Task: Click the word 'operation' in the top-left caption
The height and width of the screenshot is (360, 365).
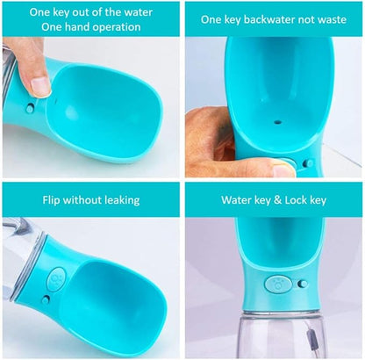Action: [x=116, y=28]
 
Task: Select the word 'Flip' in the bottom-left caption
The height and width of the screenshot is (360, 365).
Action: [x=52, y=200]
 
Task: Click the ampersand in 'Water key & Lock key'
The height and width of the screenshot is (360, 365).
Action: [x=277, y=200]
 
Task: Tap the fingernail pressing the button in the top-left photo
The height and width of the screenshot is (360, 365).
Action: [x=40, y=87]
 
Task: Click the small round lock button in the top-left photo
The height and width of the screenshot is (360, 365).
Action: [x=30, y=109]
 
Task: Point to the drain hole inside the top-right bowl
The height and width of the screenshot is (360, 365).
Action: [x=277, y=121]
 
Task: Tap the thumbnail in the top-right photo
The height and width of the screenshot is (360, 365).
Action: [x=283, y=171]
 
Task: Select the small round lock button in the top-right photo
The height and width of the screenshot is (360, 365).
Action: [x=307, y=163]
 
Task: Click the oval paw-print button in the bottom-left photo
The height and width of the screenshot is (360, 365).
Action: [x=56, y=279]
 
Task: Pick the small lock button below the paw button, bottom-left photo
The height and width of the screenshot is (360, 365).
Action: [x=46, y=299]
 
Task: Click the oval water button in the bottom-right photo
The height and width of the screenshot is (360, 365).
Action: [x=278, y=284]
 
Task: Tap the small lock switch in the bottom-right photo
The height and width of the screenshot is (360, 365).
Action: [x=303, y=284]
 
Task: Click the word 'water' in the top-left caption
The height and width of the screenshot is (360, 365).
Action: [x=138, y=12]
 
